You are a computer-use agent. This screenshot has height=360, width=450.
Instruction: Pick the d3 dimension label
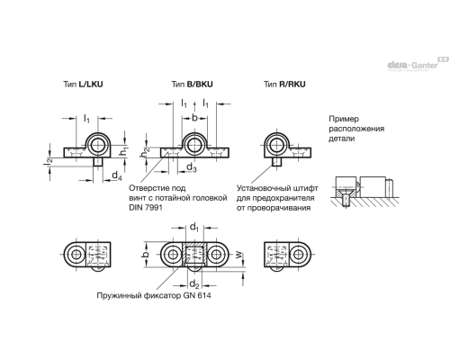[x=191, y=168]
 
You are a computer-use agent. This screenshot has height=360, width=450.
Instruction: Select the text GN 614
[x=202, y=296]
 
